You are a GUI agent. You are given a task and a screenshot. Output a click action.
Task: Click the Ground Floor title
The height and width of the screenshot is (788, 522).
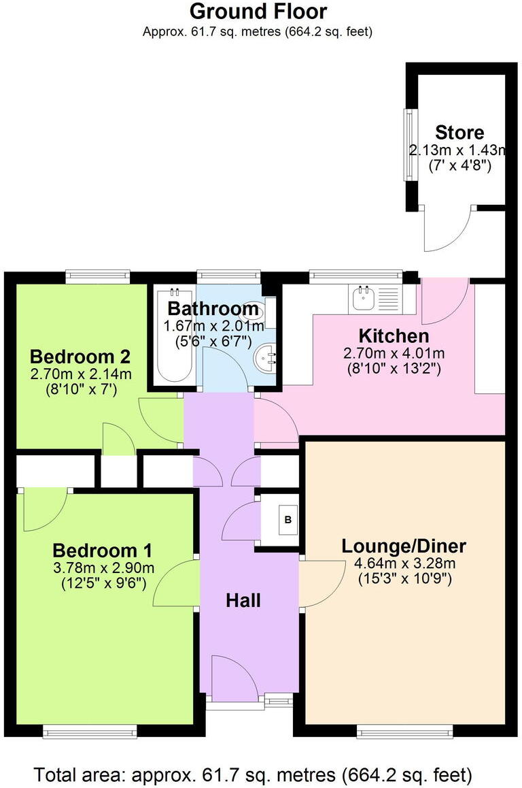[x=258, y=12]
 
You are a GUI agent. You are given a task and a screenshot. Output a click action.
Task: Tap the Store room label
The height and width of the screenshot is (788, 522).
[x=459, y=132]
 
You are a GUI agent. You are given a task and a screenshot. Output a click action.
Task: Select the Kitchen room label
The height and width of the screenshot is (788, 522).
[x=394, y=335]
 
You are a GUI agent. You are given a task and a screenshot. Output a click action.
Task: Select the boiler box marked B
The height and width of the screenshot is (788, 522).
[x=288, y=521]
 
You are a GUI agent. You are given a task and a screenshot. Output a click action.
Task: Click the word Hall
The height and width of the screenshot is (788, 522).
[x=243, y=600]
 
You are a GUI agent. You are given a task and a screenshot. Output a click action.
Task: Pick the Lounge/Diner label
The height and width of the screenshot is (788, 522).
[x=403, y=546]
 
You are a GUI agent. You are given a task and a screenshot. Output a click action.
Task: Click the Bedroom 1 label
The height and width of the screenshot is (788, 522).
[x=102, y=550]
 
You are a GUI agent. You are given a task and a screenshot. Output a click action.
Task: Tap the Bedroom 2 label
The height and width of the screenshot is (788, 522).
[x=80, y=357]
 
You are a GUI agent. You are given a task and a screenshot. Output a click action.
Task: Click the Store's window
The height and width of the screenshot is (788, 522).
[x=409, y=145]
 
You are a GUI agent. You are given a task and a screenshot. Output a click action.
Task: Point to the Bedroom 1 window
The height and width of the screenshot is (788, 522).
[x=90, y=733]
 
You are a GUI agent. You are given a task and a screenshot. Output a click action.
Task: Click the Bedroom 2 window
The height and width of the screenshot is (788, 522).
[x=97, y=276]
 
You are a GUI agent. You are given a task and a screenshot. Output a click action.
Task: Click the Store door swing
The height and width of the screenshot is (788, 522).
[x=447, y=228]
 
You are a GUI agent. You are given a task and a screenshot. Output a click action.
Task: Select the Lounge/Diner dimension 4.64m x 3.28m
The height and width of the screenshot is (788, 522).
[x=404, y=563]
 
